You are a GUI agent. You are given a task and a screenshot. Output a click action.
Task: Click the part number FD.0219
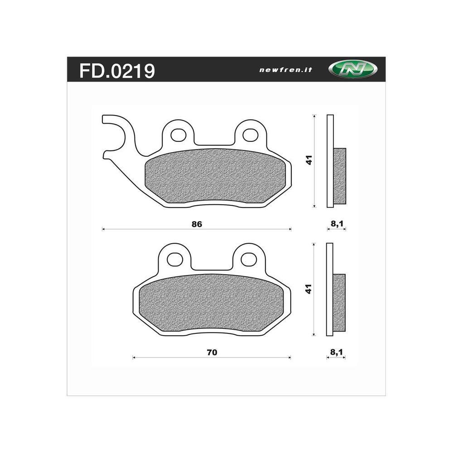click(x=117, y=71)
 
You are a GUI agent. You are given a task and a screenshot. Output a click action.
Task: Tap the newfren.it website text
click(x=286, y=70)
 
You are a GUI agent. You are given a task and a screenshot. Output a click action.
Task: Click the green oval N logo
click(x=353, y=69)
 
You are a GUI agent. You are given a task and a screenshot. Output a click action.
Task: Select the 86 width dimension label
click(x=197, y=224)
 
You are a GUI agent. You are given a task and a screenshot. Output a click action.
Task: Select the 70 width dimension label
click(x=212, y=352)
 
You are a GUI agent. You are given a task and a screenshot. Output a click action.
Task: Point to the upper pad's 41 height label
click(x=309, y=160)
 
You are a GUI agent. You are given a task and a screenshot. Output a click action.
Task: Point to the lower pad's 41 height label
click(x=309, y=289)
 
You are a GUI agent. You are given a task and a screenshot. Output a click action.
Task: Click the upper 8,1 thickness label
click(x=337, y=223)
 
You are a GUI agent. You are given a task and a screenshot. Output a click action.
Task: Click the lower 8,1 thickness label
click(x=336, y=352)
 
